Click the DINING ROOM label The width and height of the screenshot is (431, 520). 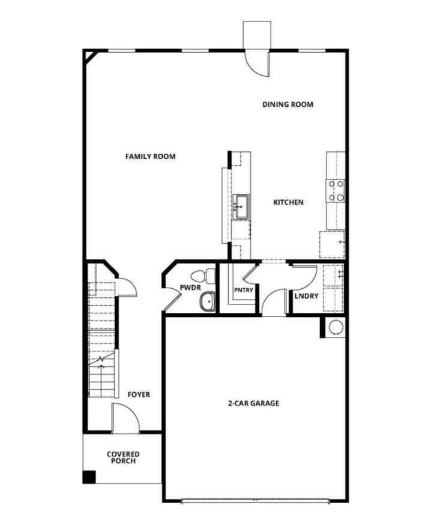(x=288, y=104)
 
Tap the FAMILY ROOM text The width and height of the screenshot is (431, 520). (x=150, y=157)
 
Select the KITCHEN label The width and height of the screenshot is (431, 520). (x=288, y=202)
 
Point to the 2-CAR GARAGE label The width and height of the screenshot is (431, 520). (x=253, y=404)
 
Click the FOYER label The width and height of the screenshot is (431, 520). (x=139, y=395)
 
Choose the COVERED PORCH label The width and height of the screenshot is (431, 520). (x=123, y=458)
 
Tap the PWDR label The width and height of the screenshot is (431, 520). (x=189, y=288)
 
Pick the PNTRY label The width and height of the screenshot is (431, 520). (x=244, y=291)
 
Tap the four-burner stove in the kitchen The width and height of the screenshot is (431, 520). (x=336, y=190)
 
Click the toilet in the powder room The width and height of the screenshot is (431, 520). (x=208, y=276)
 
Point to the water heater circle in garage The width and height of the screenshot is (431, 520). (x=336, y=327)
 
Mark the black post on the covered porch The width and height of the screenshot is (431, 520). (x=89, y=477)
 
